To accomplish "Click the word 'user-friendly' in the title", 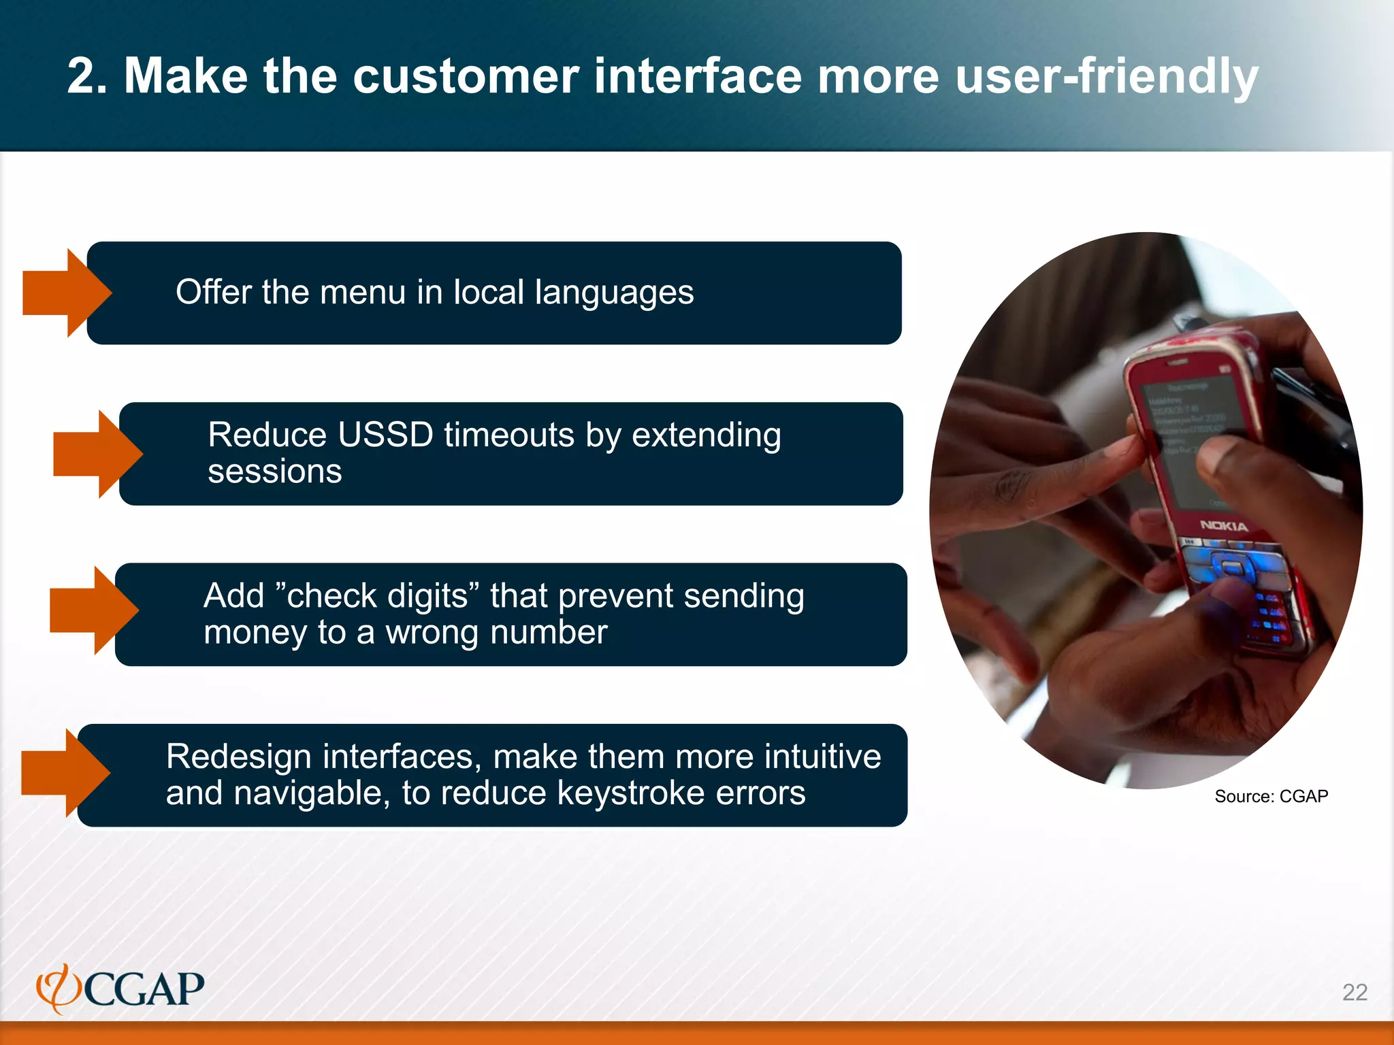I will pos(1106,76).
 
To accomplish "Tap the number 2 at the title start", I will pos(82,76).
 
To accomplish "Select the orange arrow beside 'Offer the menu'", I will pos(65,293).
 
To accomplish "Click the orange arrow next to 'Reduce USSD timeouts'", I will pos(96,454).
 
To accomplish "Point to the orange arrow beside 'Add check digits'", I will pos(93,610).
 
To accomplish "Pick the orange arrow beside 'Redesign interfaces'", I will pos(64,773).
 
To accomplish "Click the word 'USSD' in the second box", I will pos(385,435).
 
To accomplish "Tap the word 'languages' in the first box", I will pos(614,293).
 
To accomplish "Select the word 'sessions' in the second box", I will pos(274,471).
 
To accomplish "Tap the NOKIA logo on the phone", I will pos(1223,526).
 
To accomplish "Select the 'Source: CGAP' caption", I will pos(1271,797).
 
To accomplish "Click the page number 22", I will pos(1355,993).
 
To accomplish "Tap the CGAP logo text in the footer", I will pos(144,989).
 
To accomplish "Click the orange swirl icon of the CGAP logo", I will pos(58,989).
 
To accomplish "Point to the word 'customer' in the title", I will pos(466,76).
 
